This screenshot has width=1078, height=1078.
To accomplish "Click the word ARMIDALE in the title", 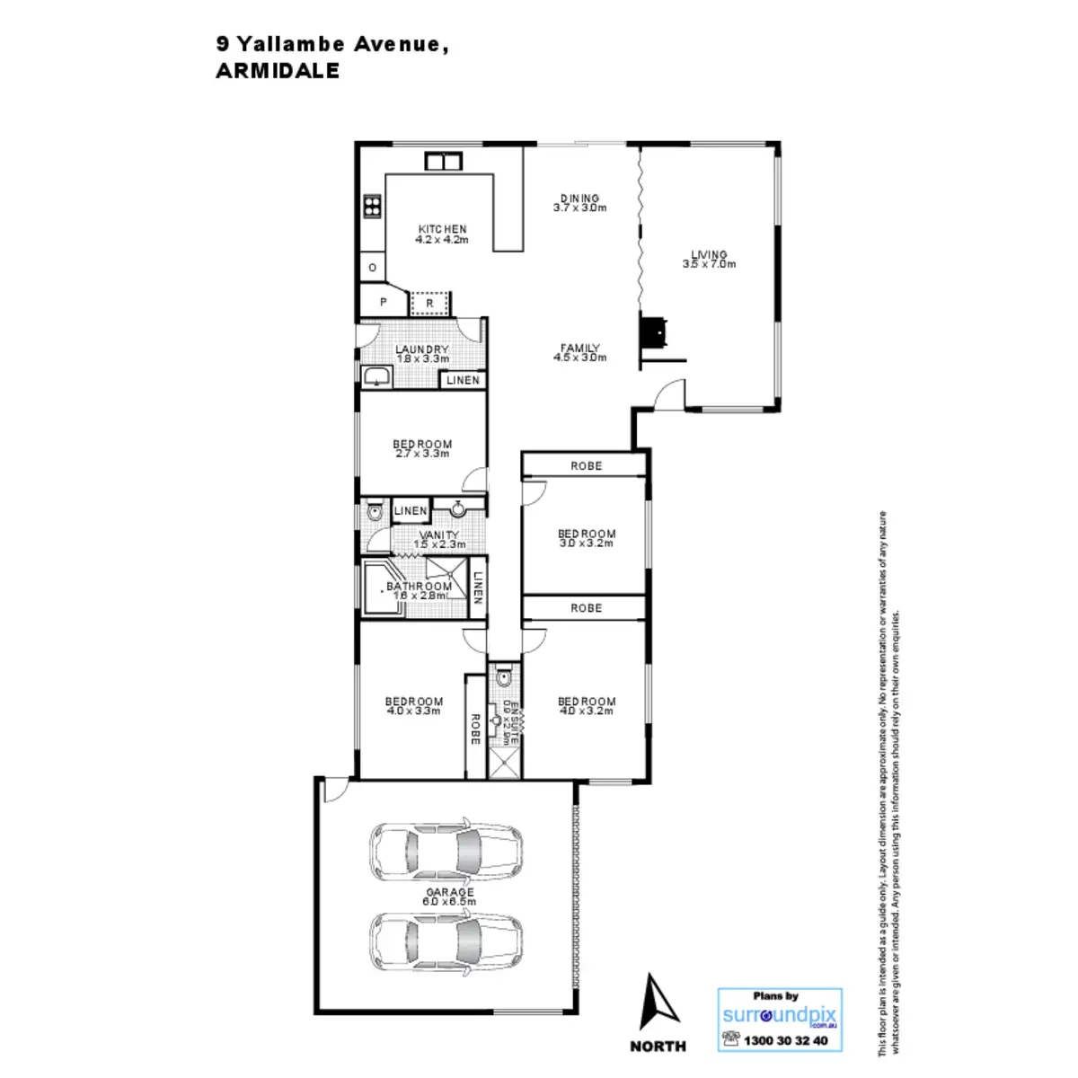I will (x=278, y=72).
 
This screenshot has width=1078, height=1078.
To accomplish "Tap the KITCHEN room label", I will (x=442, y=229).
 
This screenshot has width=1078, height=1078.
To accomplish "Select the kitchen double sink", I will (x=442, y=162).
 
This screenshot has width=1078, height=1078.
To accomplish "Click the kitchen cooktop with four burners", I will (x=372, y=207).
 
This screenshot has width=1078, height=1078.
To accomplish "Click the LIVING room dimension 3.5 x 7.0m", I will (x=709, y=264).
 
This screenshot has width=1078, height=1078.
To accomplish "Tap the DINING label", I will (x=579, y=199).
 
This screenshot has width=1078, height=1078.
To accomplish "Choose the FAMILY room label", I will (x=579, y=348).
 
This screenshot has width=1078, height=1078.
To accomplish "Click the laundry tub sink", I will (x=376, y=376).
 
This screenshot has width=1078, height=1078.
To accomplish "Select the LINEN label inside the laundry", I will (x=463, y=380).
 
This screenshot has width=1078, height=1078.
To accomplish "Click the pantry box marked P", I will (x=384, y=303).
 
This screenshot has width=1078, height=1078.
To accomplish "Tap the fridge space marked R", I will (x=430, y=304).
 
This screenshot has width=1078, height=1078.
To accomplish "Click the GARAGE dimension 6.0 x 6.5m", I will (x=450, y=901).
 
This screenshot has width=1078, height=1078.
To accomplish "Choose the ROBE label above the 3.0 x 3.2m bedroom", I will (x=586, y=466).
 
